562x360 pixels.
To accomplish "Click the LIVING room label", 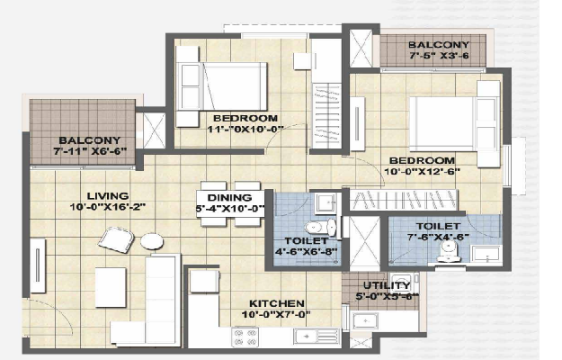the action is [108, 196].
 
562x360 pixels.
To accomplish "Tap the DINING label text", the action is [230, 198].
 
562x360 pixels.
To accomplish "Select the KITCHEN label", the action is [277, 303].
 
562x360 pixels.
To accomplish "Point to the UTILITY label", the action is [387, 285].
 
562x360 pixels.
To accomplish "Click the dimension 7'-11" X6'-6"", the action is [90, 151].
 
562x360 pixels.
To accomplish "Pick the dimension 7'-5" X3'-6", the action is [439, 56].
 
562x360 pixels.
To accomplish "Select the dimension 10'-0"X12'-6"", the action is [423, 171].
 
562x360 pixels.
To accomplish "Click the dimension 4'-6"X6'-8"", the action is [307, 251].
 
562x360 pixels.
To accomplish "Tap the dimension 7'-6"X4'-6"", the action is [438, 237].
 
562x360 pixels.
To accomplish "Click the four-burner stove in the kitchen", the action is [245, 337].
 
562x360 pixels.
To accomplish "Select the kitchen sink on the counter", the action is [317, 337].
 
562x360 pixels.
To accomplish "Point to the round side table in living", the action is [152, 241].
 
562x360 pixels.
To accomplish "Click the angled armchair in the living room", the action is [116, 240].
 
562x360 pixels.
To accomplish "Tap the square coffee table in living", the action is [111, 287].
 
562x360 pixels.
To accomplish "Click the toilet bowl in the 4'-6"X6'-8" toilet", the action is [321, 227].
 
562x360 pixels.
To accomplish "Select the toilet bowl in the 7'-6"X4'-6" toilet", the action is [449, 251].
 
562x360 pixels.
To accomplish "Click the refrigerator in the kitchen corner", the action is [204, 282].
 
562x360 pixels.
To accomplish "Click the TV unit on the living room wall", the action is [38, 265].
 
